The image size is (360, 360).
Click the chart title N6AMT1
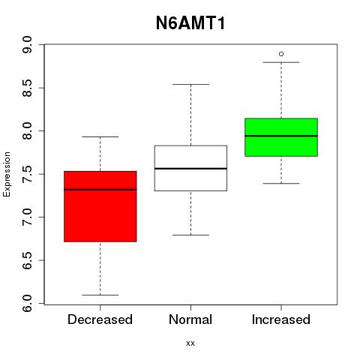[x=190, y=23]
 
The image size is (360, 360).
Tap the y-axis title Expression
[x=7, y=174]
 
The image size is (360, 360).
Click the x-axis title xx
[x=190, y=343]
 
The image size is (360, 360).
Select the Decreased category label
[x=100, y=319]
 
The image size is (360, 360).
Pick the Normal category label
[x=190, y=319]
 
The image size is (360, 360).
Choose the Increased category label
[x=281, y=319]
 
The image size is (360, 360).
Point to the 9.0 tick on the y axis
[x=27, y=44]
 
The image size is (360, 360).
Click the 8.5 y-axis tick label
[x=27, y=88]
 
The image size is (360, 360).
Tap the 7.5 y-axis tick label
[x=27, y=174]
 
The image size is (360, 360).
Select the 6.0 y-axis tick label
[x=27, y=304]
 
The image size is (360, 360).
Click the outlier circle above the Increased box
[x=281, y=54]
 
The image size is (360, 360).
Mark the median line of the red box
[x=100, y=190]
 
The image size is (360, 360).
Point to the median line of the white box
[x=190, y=169]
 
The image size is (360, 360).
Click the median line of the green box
[x=281, y=136]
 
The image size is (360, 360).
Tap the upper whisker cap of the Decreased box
[x=100, y=136]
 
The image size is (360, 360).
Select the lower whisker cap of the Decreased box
[x=100, y=295]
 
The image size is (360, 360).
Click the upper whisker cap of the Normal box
[x=190, y=84]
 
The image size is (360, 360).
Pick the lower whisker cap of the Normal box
[x=190, y=235]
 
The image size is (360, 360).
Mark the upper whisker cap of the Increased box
[x=281, y=62]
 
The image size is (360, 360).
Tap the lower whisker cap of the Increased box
[x=281, y=184]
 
